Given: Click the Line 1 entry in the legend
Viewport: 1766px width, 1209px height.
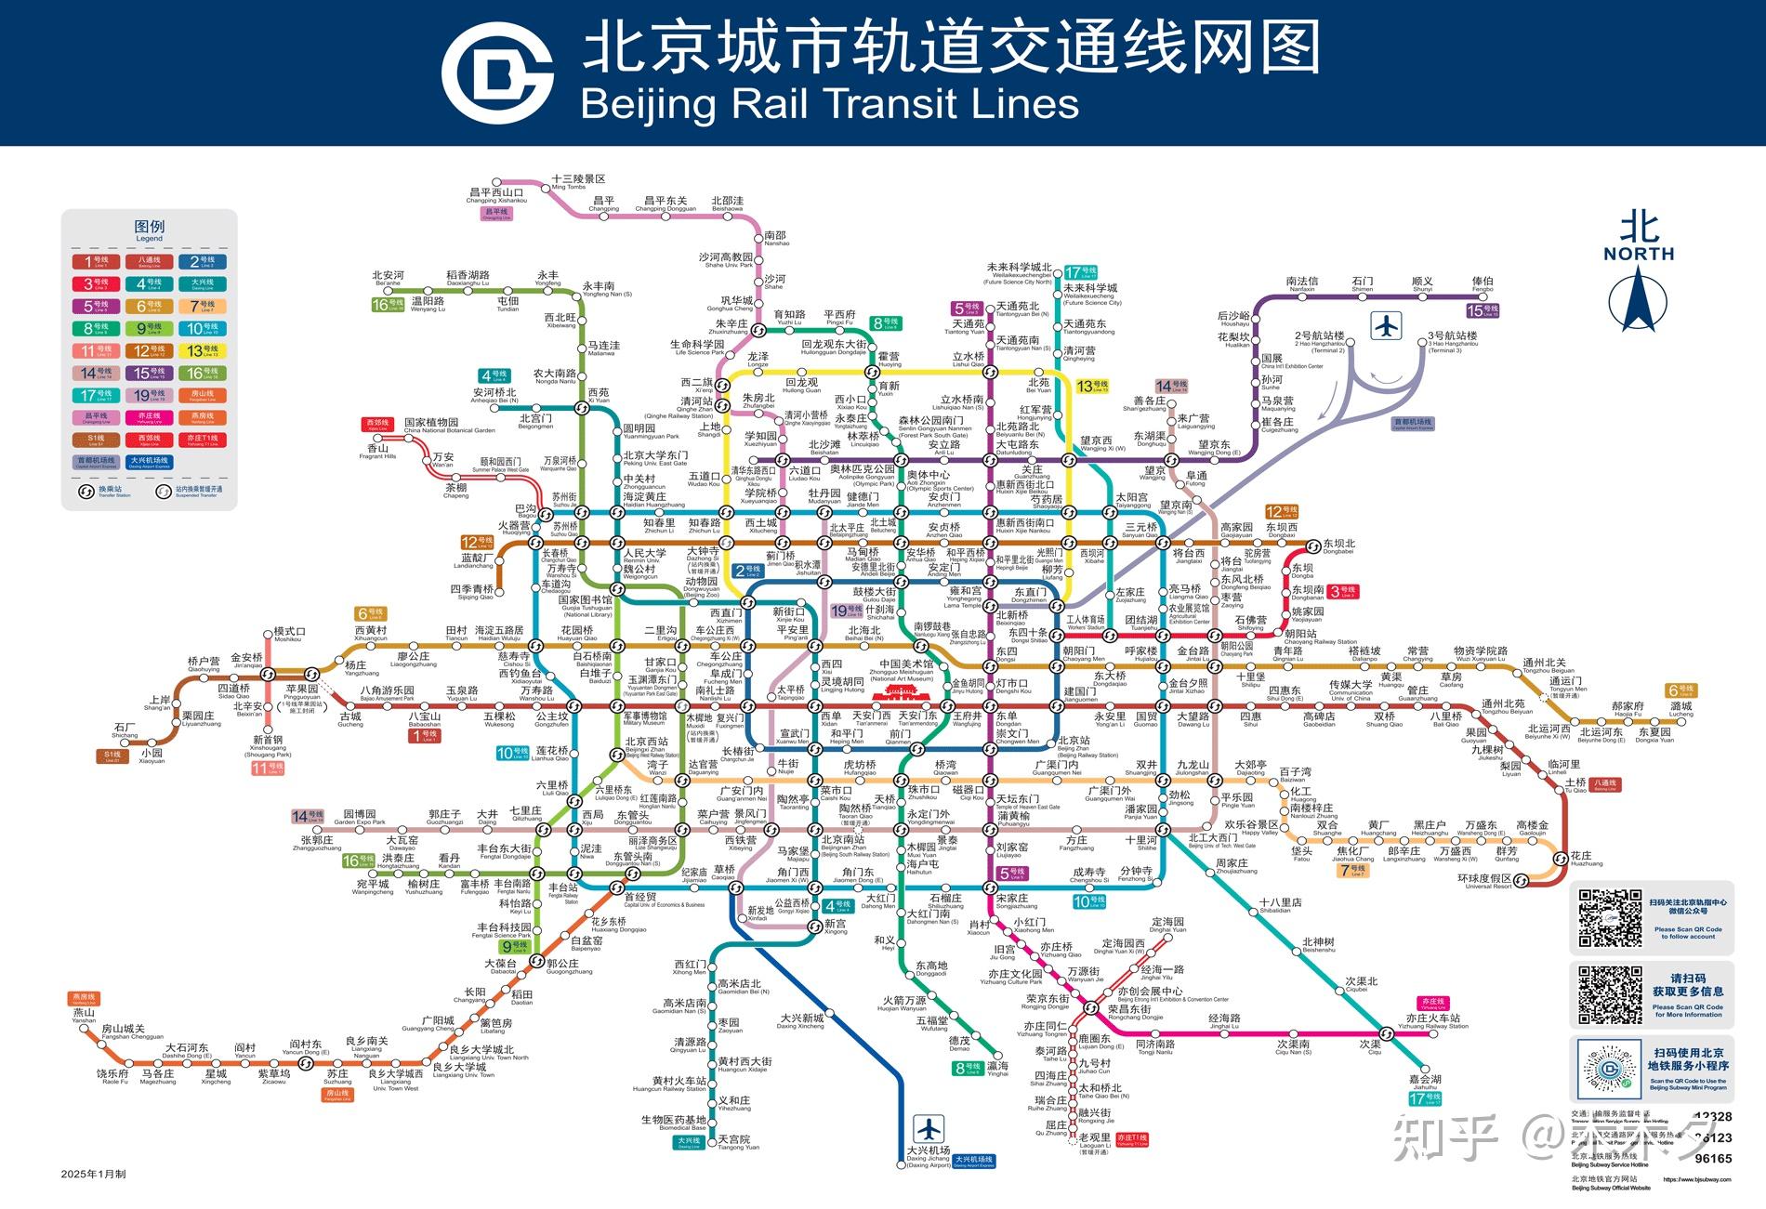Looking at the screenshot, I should [x=97, y=261].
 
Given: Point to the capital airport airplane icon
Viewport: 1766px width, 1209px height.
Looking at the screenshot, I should [x=1387, y=325].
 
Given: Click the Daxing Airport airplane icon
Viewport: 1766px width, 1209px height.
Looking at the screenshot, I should [x=928, y=1129].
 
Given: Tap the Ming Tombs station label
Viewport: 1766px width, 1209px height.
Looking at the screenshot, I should [x=577, y=180].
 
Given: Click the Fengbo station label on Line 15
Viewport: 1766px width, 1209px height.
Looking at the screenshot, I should [x=1483, y=283].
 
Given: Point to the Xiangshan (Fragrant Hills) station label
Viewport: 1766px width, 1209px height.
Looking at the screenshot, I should [x=377, y=451].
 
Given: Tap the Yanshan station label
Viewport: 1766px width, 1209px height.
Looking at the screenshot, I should [x=84, y=1015].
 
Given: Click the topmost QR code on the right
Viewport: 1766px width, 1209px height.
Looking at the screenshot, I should [x=1611, y=918].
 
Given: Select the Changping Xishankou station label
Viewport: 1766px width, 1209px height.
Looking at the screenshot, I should [x=496, y=195].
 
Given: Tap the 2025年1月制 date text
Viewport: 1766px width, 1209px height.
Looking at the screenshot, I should [x=93, y=1174].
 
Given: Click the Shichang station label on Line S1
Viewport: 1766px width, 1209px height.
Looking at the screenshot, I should [x=125, y=730].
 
